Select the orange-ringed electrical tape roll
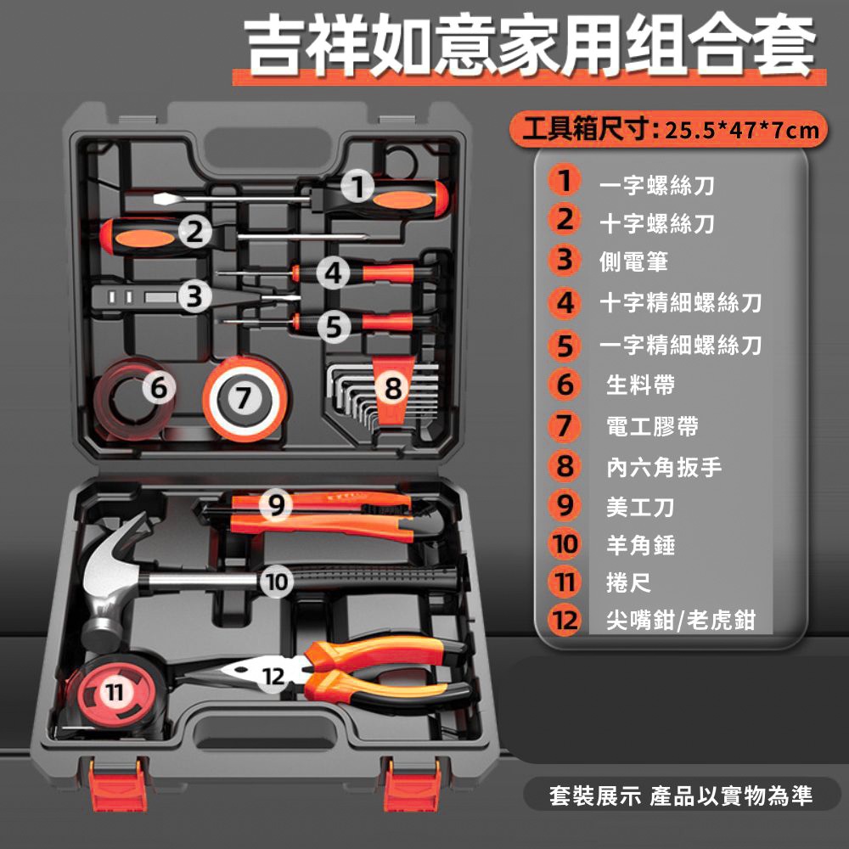(245, 399)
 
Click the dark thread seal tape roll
(132, 398)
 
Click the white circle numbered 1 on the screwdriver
(357, 186)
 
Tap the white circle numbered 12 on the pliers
(273, 675)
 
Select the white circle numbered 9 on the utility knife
(276, 504)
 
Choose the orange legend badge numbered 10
(565, 543)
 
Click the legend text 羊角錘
(640, 544)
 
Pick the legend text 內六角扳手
(664, 467)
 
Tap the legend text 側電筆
(633, 261)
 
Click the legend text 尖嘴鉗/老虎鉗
(681, 620)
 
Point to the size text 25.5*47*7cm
(742, 130)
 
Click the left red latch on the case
(117, 784)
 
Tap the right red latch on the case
(412, 784)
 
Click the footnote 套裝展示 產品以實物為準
(681, 796)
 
